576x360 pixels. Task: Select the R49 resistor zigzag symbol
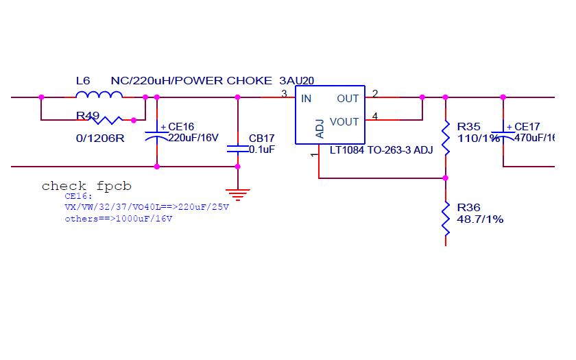(108, 120)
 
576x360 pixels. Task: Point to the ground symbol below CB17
(238, 195)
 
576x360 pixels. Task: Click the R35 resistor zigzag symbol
(446, 137)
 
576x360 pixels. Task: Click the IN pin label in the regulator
(306, 99)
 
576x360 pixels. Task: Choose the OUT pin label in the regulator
(348, 99)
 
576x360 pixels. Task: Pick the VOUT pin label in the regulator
(344, 122)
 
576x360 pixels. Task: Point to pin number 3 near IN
(284, 93)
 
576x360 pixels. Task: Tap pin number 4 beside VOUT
(374, 116)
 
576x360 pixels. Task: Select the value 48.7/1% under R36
(480, 219)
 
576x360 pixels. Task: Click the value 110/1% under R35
(478, 139)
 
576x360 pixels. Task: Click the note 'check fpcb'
(86, 186)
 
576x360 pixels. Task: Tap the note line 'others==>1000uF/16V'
(119, 219)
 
